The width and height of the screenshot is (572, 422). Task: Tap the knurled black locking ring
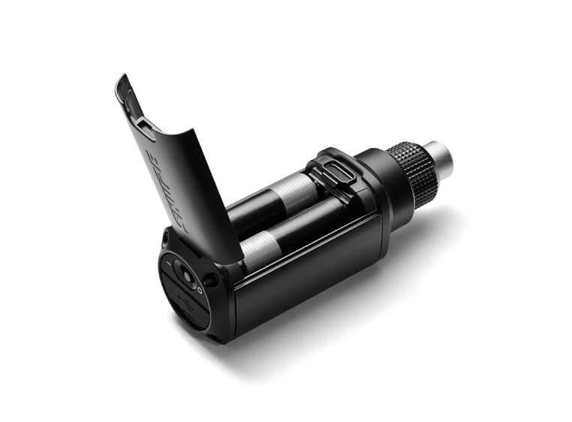412,172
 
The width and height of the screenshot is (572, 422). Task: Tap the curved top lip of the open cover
124,83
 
